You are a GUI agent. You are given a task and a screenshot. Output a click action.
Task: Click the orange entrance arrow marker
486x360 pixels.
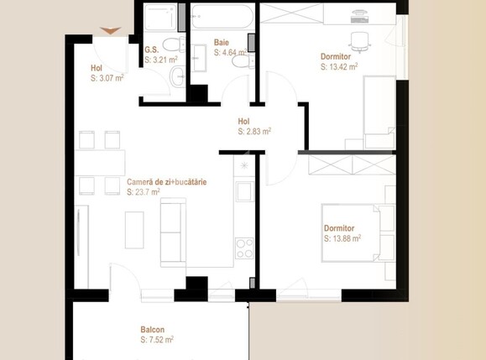coord(110,32)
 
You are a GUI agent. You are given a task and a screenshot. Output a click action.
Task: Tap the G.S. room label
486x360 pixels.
coord(151,50)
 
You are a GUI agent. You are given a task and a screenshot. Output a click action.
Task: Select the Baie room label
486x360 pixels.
coord(222,42)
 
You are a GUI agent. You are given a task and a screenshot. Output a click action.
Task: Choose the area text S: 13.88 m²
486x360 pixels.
coord(342,238)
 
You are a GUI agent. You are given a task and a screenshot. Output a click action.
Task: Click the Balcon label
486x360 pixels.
coord(152,330)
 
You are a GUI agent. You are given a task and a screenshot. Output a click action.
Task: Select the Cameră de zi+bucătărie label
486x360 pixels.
coord(167,181)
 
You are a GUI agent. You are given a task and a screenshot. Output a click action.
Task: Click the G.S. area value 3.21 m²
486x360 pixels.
coord(161,60)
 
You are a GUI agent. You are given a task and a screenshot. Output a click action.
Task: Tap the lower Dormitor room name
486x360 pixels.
coord(339,227)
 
